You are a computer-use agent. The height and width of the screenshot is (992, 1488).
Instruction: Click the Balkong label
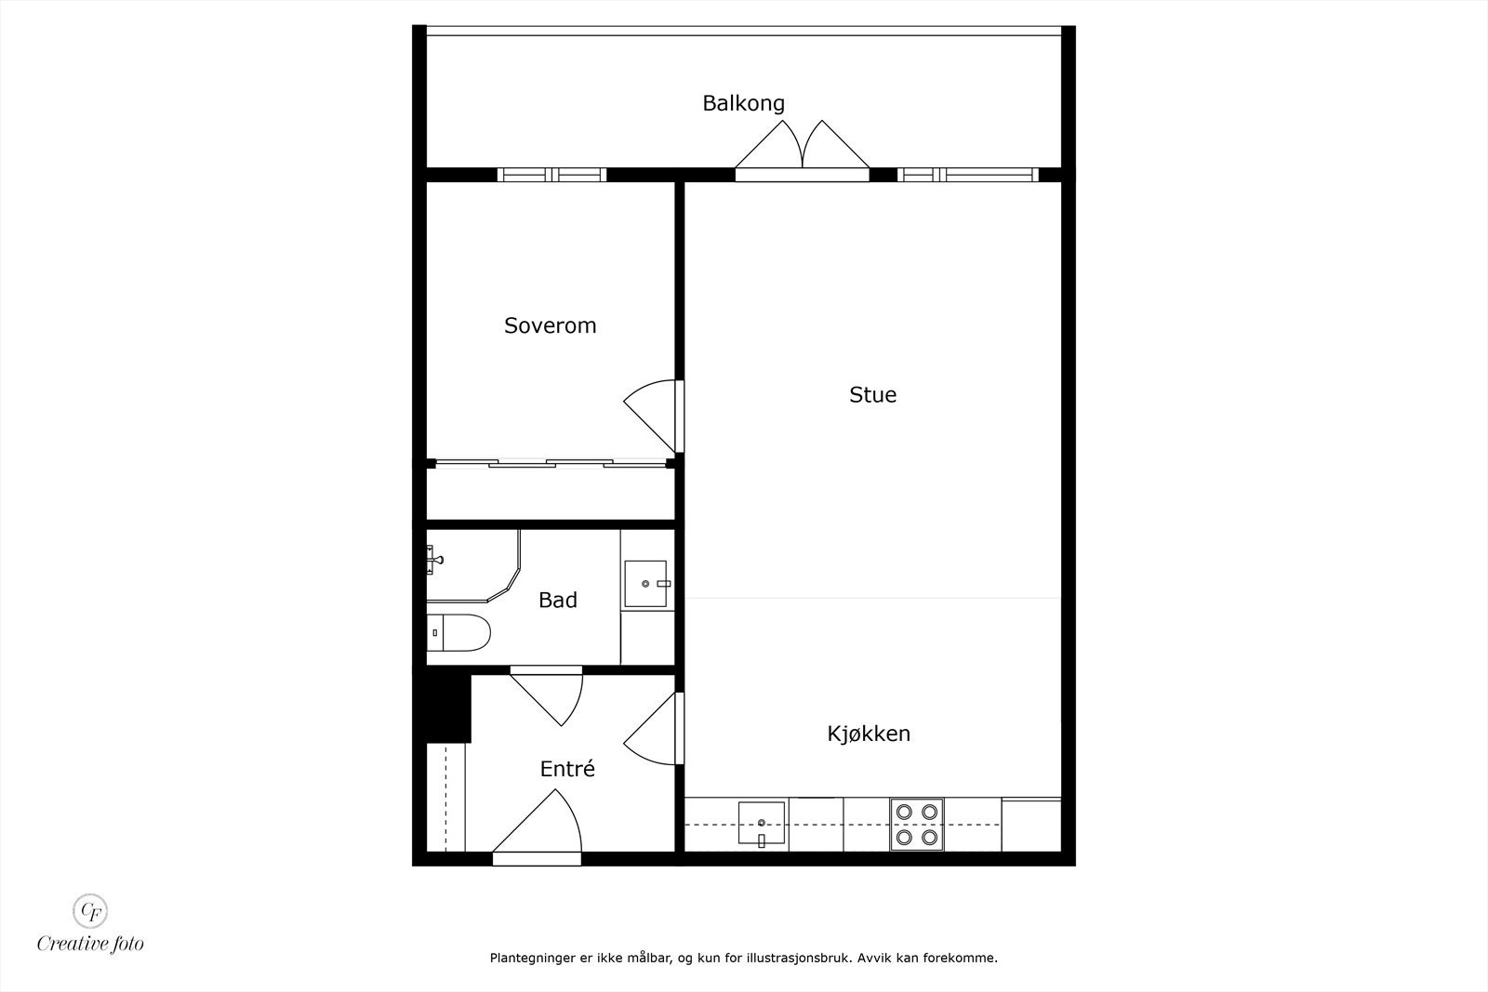743,103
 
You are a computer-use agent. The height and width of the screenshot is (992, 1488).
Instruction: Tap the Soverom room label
550,325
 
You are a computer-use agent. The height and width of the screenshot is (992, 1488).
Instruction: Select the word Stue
872,394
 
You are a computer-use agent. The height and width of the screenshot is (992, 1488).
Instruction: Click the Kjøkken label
869,734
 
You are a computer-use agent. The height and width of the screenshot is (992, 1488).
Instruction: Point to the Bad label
558,601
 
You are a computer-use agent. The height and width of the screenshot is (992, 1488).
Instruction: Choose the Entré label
567,769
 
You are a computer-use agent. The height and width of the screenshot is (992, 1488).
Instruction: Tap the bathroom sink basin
645,583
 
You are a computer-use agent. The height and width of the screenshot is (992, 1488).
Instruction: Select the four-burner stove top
916,824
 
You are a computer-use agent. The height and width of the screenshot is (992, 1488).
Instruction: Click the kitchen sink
762,823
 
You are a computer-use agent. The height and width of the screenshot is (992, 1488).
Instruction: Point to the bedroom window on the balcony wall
551,174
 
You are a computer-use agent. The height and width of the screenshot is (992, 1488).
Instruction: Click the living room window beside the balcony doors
967,174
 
